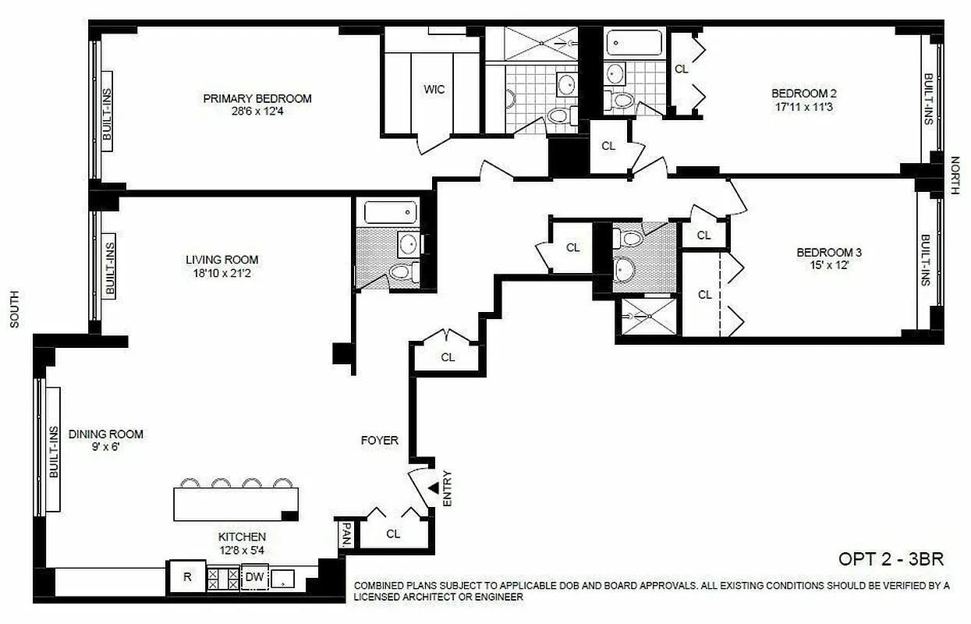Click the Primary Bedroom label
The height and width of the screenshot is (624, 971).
coord(257,98)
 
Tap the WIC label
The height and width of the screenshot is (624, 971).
coord(434,90)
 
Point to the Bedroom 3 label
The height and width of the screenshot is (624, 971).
coord(828,253)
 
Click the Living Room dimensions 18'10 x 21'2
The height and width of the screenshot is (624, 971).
coord(221,274)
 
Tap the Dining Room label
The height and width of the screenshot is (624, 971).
coord(106,434)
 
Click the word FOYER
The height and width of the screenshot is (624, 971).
coord(380,441)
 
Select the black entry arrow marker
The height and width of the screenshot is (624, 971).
coord(432,488)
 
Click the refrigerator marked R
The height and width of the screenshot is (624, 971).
coord(187,577)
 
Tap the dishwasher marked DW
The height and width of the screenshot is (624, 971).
coord(254,577)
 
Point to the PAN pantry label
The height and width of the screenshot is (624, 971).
coord(346,534)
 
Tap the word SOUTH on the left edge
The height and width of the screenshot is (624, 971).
coord(14,310)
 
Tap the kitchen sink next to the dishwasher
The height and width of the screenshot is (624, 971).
coord(283,578)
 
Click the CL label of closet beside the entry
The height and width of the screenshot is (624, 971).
coord(393,534)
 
